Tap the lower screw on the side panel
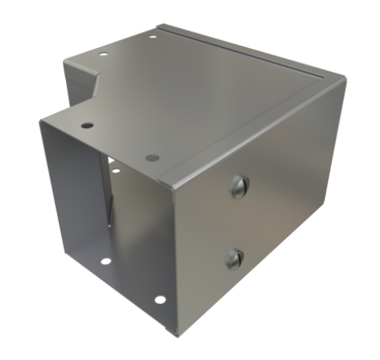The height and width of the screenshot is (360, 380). coord(234,259)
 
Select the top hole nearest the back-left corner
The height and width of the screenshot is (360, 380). coord(103,54)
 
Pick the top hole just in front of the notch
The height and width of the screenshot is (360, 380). coord(87,125)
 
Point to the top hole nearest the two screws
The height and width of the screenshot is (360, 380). coord(153,157)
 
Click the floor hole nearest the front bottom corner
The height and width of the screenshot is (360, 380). coord(159,299)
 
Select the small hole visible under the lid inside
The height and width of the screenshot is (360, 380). coord(115,169)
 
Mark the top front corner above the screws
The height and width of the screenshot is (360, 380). coord(169,186)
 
